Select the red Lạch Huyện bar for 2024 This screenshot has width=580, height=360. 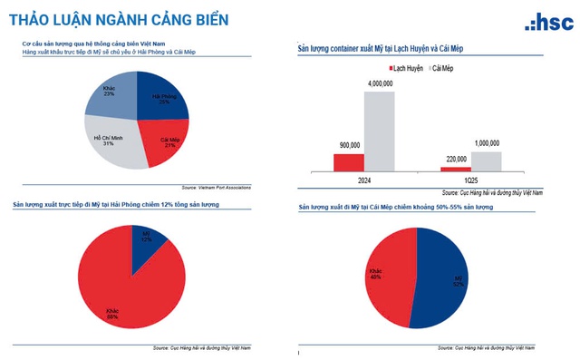click(349, 161)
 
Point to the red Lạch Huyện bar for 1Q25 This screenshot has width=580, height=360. click(456, 168)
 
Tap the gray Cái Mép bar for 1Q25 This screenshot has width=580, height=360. click(487, 160)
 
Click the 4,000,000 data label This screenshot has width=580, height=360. click(380, 83)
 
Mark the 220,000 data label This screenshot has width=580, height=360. click(455, 159)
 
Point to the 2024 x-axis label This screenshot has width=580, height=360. click(364, 180)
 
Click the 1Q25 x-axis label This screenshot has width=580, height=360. click(471, 180)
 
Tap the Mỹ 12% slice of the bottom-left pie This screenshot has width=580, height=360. click(147, 239)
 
